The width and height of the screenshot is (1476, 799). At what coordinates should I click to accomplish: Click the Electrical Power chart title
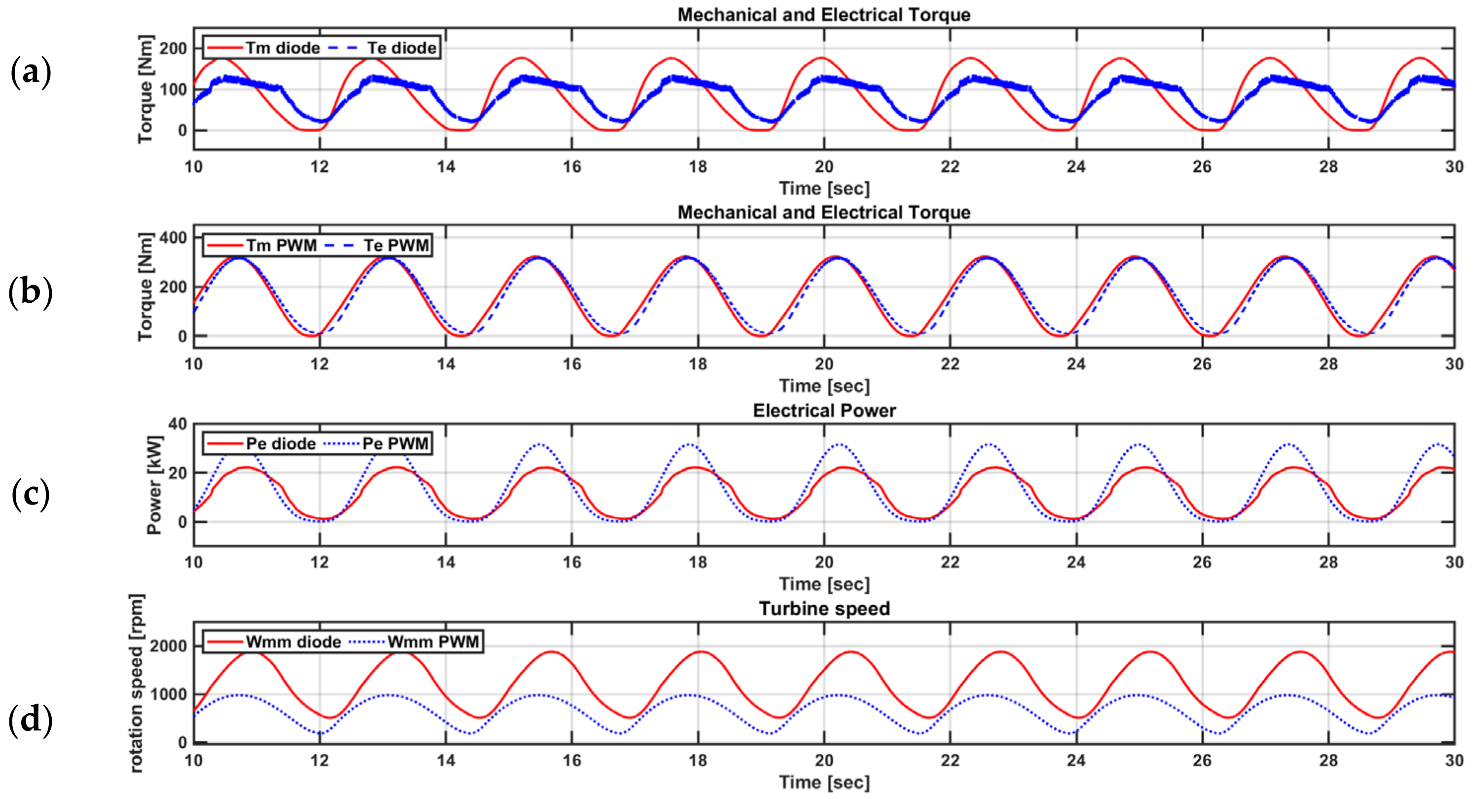coord(824,411)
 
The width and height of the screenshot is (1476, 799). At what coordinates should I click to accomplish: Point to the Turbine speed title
coord(824,608)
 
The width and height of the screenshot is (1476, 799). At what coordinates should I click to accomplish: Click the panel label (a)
coord(31,73)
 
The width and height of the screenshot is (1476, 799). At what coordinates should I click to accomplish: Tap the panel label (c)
coord(31,494)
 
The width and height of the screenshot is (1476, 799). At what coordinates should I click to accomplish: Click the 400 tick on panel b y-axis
coord(173,237)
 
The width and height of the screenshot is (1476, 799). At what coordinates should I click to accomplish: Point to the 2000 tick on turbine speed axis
coord(168,646)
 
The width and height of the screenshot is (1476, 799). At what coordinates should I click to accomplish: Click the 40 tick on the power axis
coord(178,424)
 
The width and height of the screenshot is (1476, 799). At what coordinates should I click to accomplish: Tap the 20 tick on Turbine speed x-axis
coord(824,761)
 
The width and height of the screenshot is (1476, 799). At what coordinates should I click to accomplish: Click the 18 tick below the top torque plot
coord(698,167)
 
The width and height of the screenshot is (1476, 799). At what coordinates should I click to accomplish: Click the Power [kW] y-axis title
coord(154,484)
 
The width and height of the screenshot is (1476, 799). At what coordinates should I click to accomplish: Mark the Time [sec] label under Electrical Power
coord(824,584)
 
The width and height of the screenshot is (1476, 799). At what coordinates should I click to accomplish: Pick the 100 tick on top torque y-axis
coord(173,89)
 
